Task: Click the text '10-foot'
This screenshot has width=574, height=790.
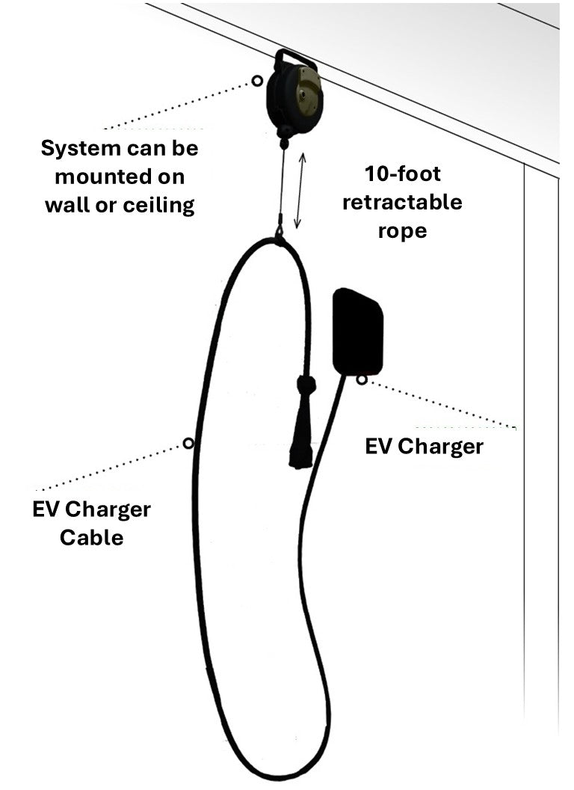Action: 403,174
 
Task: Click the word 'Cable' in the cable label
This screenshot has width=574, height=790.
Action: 92,536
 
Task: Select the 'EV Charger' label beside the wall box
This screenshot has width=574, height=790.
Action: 424,447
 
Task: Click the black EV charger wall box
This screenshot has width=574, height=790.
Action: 358,330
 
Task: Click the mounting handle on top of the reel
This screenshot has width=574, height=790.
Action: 294,57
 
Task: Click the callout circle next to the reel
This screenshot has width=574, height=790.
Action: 257,81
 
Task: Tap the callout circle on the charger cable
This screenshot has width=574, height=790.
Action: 188,444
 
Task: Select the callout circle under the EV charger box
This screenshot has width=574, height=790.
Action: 362,379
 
